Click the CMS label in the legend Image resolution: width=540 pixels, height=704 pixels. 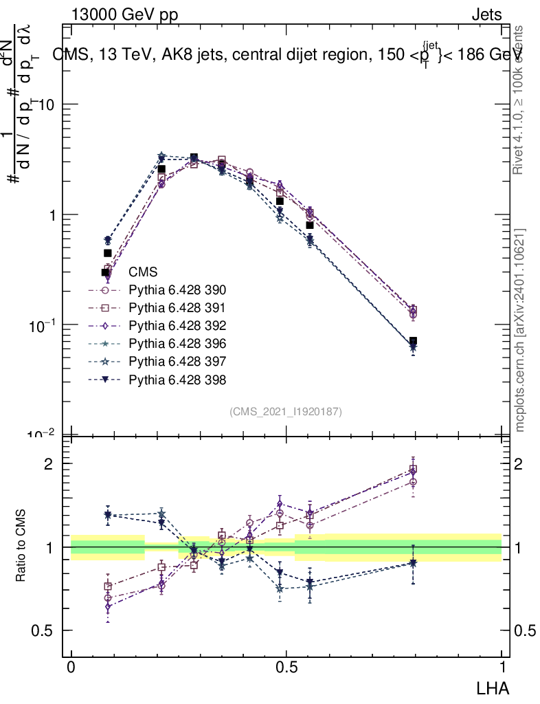(143, 272)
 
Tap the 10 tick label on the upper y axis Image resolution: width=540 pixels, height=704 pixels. (48, 104)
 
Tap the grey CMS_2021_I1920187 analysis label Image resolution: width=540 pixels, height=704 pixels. (286, 411)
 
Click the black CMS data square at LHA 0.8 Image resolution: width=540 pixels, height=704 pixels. (413, 341)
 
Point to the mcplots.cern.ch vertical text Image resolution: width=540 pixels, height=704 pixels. (521, 330)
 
